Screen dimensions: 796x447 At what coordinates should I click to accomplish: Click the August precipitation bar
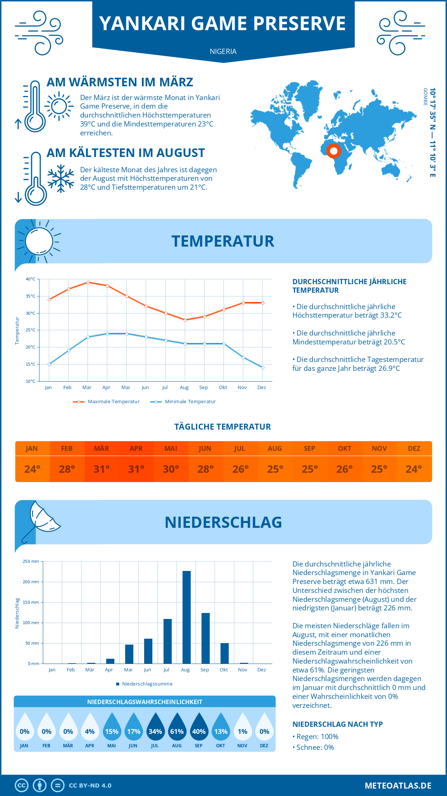tap(187, 617)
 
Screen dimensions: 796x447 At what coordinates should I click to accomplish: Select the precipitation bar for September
tap(206, 638)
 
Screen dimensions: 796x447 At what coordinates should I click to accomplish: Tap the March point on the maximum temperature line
tap(88, 282)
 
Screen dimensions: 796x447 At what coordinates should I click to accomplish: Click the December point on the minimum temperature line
tap(263, 367)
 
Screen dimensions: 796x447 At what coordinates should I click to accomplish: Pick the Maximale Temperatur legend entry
tap(107, 402)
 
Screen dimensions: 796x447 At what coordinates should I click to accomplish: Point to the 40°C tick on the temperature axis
tap(31, 279)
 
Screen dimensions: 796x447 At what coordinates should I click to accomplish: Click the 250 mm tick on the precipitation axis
tap(31, 561)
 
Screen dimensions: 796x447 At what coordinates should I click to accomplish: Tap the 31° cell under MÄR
tap(101, 469)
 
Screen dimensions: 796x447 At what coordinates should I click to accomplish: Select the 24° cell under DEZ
tap(414, 469)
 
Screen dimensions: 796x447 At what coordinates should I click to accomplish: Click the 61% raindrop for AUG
tap(177, 729)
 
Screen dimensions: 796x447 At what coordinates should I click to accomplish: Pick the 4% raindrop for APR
tap(90, 729)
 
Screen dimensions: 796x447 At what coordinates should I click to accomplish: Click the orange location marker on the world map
tap(334, 151)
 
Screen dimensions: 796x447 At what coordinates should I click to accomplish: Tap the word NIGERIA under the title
tap(223, 51)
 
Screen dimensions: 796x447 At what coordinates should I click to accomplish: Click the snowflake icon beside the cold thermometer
tap(61, 179)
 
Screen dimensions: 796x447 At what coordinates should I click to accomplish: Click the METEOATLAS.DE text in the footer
tap(398, 785)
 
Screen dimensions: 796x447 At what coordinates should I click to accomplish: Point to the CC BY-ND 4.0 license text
tap(90, 786)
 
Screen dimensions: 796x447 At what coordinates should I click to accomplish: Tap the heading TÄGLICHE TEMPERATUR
tap(223, 427)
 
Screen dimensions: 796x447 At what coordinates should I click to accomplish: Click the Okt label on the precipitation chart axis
tap(223, 670)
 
